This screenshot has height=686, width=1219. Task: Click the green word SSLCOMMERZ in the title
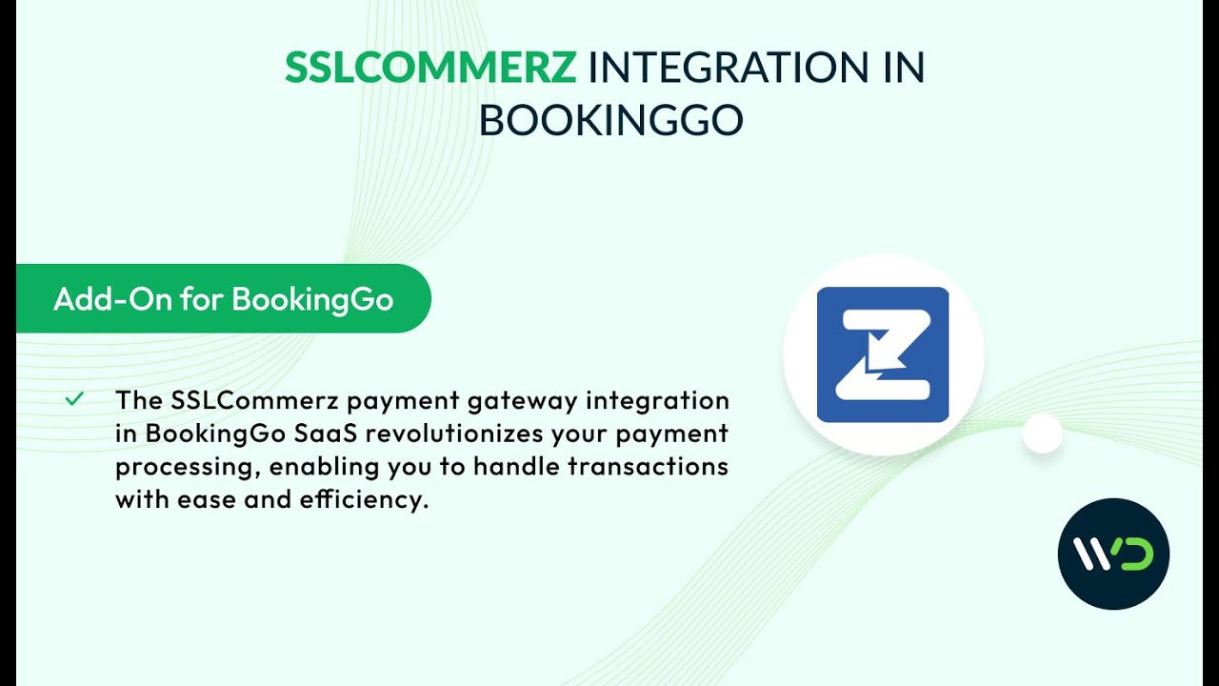tap(430, 68)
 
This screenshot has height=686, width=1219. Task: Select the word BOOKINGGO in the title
tap(610, 121)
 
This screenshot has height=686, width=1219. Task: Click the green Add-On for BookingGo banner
tap(224, 298)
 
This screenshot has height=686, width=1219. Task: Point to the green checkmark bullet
tap(74, 399)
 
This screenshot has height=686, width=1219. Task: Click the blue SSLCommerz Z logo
tap(883, 354)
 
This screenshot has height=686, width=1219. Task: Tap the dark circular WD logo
tap(1113, 554)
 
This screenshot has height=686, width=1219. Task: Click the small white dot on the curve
tap(1042, 434)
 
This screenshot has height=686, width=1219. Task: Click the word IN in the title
tap(901, 68)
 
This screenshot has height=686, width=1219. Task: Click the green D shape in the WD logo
tap(1136, 554)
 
